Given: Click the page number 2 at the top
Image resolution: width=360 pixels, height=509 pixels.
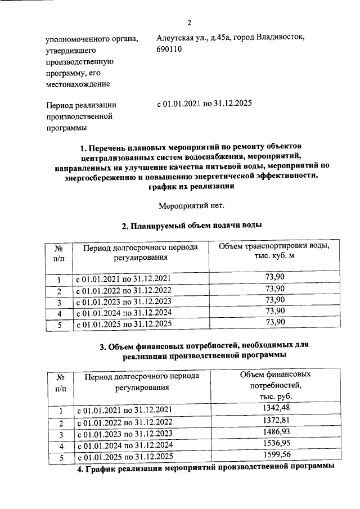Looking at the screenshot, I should click(189, 22).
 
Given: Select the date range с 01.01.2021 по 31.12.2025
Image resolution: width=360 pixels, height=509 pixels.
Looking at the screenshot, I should click(204, 104).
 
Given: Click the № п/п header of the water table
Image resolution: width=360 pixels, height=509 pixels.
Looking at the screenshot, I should click(58, 252).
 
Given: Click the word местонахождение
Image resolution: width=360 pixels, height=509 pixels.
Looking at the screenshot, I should click(78, 84).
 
